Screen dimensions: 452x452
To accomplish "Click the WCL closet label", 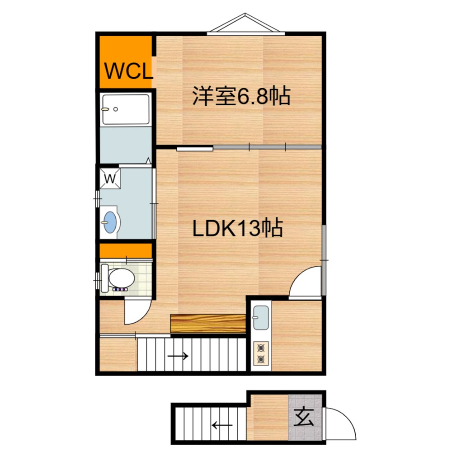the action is point(128,71).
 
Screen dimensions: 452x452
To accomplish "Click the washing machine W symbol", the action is point(110,179).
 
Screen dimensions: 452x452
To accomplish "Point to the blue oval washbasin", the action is point(110,222).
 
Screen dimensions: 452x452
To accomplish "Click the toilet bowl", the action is point(122,278).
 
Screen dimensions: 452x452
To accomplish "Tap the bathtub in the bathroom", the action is point(126,109).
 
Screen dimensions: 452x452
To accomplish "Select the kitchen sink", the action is point(261,317).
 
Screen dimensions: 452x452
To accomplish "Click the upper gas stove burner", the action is point(261,348).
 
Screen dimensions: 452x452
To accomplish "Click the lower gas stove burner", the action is point(261,359).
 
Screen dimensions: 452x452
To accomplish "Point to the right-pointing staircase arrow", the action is point(178,356).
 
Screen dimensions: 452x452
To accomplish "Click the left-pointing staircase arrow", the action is point(222,425).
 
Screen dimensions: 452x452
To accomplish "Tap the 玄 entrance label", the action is point(304,418).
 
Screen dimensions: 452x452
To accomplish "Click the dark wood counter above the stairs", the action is point(208,324).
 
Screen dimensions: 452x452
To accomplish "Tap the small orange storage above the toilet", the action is point(126,251).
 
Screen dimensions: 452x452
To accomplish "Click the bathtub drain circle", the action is point(116,109).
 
